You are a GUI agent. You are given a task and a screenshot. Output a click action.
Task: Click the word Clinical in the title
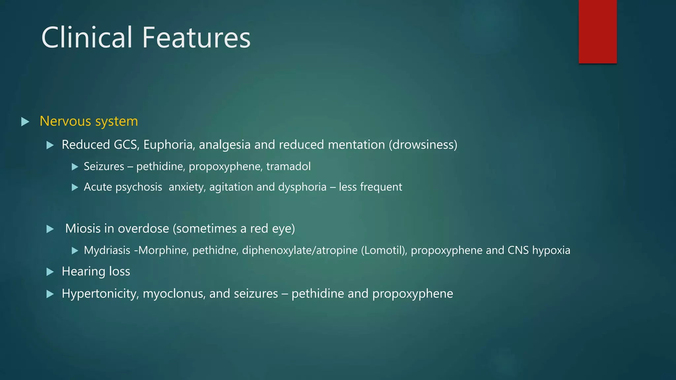pyautogui.click(x=87, y=37)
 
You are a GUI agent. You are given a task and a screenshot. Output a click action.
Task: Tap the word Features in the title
pyautogui.click(x=196, y=37)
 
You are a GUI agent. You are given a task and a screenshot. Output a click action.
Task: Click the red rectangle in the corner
pyautogui.click(x=597, y=31)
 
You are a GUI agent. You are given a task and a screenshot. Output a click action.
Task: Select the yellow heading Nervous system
pyautogui.click(x=89, y=121)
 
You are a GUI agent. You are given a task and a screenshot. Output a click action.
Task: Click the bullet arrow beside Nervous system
pyautogui.click(x=25, y=122)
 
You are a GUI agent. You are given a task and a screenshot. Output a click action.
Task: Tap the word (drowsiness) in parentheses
pyautogui.click(x=423, y=145)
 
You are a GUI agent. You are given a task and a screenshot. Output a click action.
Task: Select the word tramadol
pyautogui.click(x=288, y=166)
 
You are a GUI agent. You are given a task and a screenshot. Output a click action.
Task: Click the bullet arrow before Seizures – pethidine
pyautogui.click(x=75, y=167)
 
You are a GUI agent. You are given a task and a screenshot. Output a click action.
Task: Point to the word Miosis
pyautogui.click(x=83, y=229)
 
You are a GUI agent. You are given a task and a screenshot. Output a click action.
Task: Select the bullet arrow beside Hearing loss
pyautogui.click(x=50, y=272)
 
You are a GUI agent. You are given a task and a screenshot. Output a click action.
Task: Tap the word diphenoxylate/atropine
pyautogui.click(x=300, y=250)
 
